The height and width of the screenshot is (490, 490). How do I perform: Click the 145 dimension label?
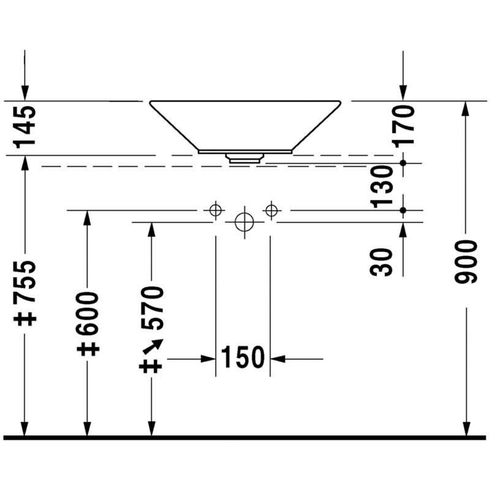tap(24, 127)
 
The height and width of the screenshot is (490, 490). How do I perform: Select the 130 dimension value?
tap(382, 187)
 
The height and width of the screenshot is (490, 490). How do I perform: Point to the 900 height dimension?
tap(466, 262)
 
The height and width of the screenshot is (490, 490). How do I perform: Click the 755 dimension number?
tap(24, 282)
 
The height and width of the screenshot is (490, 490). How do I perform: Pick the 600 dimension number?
tap(88, 314)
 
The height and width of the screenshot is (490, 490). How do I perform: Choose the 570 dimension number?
tap(152, 308)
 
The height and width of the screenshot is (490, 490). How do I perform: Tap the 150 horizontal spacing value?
tap(243, 357)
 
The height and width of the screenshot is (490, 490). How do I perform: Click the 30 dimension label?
tap(381, 262)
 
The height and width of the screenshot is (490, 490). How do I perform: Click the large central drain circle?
tap(244, 222)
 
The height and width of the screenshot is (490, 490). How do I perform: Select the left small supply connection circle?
tap(216, 210)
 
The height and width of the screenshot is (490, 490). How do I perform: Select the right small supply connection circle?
tap(271, 210)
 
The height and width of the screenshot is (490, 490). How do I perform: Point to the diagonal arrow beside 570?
tap(153, 346)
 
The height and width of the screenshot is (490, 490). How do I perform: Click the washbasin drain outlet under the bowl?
tap(244, 159)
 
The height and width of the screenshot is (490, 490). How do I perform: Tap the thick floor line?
tap(244, 438)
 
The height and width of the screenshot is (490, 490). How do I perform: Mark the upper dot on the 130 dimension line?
tap(403, 163)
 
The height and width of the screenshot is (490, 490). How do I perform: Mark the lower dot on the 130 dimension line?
tap(403, 210)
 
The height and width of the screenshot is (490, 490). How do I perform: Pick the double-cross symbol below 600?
tap(88, 349)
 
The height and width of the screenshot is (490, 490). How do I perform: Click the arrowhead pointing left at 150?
tap(277, 359)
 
